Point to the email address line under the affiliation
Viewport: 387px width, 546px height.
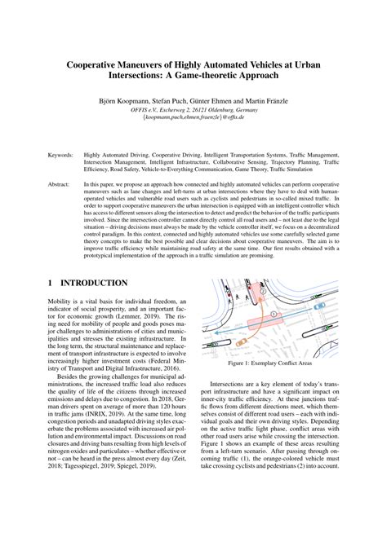click(x=193, y=116)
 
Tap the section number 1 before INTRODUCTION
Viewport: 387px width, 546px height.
click(x=50, y=283)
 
